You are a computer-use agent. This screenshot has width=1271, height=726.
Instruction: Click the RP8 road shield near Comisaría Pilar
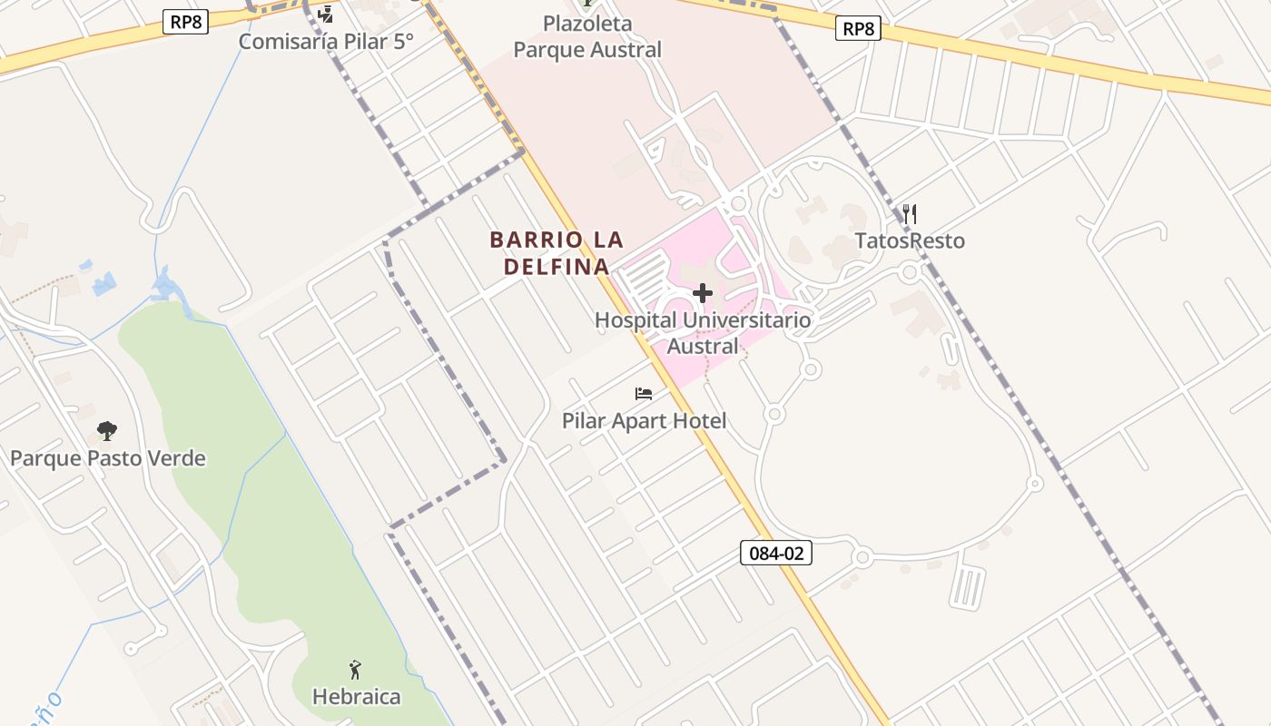pos(185,22)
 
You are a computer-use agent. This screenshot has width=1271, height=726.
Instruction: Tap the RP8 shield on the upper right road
pos(858,29)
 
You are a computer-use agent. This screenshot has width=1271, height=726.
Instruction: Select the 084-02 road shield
pos(775,553)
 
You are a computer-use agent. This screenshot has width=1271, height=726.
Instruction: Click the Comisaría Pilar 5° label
pos(326,41)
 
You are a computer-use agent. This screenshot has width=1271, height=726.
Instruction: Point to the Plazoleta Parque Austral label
pos(587,36)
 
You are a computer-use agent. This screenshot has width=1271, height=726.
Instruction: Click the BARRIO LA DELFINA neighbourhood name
pos(557,253)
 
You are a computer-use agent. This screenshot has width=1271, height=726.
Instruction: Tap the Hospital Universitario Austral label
pos(703,332)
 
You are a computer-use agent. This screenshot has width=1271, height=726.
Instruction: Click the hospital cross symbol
pos(703,293)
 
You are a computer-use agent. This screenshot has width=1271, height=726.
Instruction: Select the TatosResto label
pos(910,240)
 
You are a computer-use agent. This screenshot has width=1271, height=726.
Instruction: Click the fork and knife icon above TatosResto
pos(910,214)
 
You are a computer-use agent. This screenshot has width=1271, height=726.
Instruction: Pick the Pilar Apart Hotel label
pos(644,421)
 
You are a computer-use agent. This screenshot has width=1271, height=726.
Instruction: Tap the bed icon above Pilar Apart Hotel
pos(644,394)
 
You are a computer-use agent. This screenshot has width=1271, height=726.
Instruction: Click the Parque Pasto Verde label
pos(107,458)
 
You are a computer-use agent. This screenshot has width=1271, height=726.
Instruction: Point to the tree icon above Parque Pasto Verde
pos(107,430)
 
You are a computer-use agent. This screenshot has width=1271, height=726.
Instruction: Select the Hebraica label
pos(356,697)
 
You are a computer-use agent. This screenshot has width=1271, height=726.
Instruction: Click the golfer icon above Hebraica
pos(355,671)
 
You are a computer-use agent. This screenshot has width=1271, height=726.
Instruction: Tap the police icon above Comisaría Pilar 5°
pos(325,14)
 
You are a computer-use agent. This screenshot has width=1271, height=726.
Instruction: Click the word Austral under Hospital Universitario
pos(703,346)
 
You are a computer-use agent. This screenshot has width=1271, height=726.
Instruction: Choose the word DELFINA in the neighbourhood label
pos(557,267)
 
